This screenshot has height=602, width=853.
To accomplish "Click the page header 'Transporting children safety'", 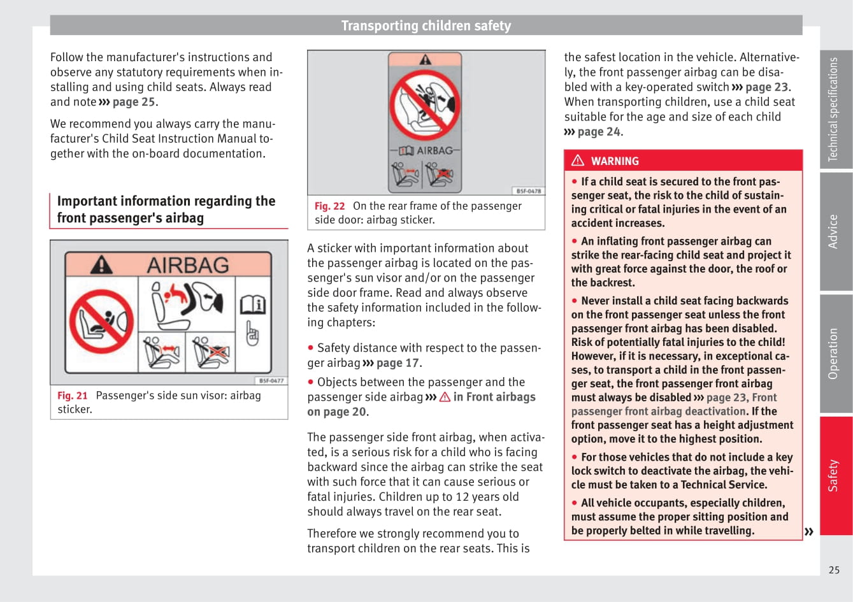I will [426, 25].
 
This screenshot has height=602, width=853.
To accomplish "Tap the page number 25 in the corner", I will [834, 570].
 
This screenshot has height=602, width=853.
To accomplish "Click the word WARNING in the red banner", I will [615, 161].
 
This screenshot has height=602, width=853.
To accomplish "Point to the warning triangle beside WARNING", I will [578, 161].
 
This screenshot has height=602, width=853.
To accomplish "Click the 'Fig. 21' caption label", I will [72, 396].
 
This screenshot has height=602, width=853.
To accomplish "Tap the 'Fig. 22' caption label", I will [329, 206].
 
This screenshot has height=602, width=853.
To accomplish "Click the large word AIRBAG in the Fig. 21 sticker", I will [188, 265].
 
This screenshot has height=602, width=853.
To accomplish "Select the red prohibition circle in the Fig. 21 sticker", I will [101, 321].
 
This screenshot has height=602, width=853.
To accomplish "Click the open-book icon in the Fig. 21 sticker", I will [252, 305].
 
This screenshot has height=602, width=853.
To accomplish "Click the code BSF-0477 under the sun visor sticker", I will [271, 380].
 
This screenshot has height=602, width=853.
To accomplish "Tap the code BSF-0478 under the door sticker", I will [529, 190].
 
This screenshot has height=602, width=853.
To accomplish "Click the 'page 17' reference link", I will [398, 363].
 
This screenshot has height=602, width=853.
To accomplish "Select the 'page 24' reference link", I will [599, 132].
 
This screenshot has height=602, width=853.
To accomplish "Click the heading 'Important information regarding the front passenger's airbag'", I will [166, 210].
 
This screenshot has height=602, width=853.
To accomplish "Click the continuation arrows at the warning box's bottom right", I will [809, 531].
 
